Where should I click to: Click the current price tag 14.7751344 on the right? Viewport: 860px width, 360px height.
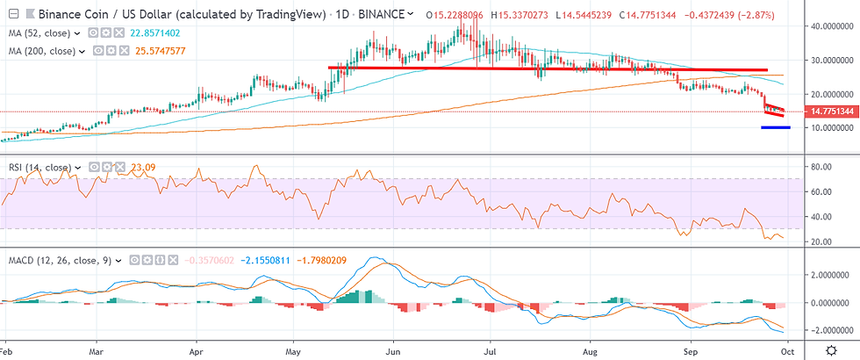pos(827,112)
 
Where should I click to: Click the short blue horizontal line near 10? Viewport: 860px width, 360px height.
pos(775,127)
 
